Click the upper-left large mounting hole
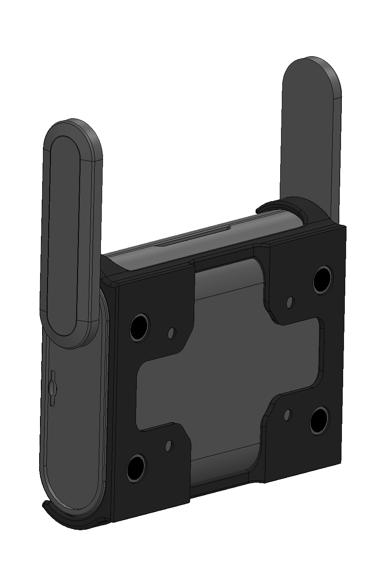click(x=139, y=327)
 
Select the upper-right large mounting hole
click(x=323, y=279)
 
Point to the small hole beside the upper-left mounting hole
click(x=171, y=333)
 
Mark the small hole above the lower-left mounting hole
click(x=169, y=446)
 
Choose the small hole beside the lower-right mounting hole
click(x=287, y=414)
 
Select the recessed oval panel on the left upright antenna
click(x=63, y=233)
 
